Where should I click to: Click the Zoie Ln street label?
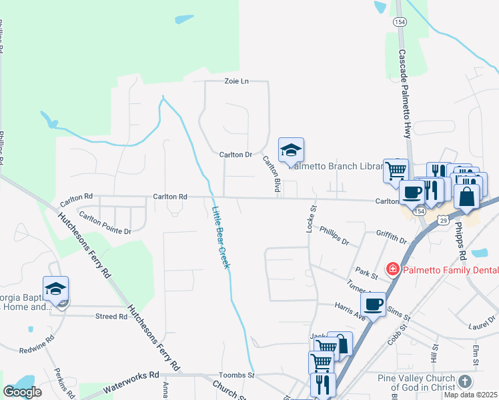pyautogui.click(x=235, y=81)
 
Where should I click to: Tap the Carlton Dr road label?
pyautogui.click(x=235, y=155)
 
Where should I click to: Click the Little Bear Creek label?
pyautogui.click(x=221, y=237)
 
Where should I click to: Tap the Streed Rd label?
pyautogui.click(x=111, y=317)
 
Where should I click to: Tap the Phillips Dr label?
pyautogui.click(x=334, y=235)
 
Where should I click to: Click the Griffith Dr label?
pyautogui.click(x=391, y=237)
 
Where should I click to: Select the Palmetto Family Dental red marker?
pyautogui.click(x=393, y=269)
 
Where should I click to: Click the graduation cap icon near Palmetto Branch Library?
pyautogui.click(x=291, y=150)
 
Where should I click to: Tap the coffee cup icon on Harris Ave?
pyautogui.click(x=374, y=305)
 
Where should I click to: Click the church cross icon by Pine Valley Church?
pyautogui.click(x=465, y=381)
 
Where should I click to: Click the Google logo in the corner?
pyautogui.click(x=21, y=393)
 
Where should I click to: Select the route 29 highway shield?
pyautogui.click(x=444, y=219)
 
